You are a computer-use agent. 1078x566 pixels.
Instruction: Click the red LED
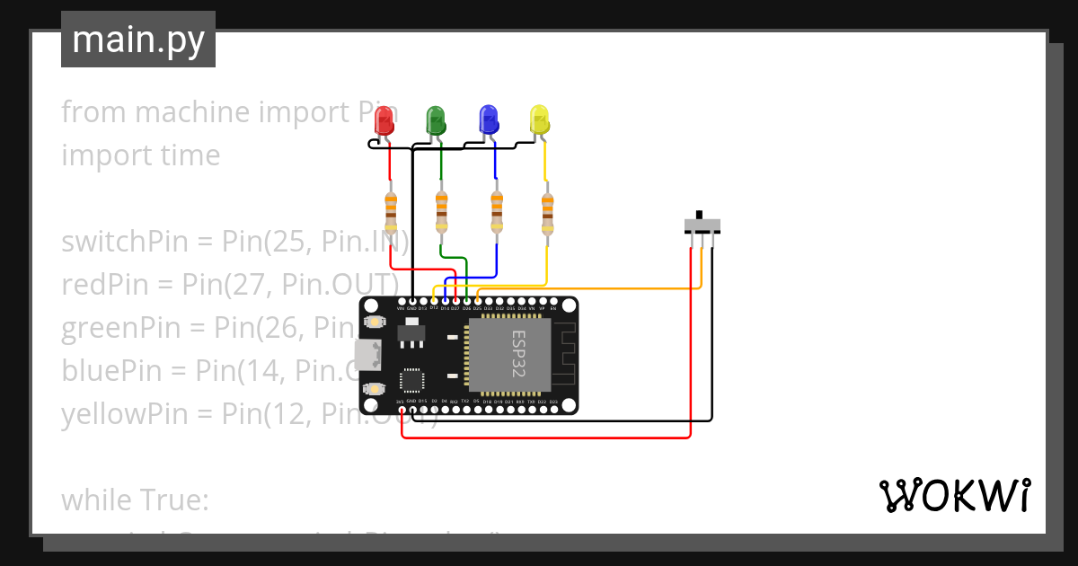tap(384, 120)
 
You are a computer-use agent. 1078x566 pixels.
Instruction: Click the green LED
tap(436, 119)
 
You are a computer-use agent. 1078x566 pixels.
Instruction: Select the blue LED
tap(488, 119)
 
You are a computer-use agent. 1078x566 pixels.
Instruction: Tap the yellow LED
tap(539, 119)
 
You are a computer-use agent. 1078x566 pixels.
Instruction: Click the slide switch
tap(701, 225)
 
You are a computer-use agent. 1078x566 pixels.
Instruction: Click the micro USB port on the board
tap(367, 356)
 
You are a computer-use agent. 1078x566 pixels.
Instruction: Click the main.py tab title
tap(137, 40)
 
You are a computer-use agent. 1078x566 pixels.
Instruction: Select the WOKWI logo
tap(954, 495)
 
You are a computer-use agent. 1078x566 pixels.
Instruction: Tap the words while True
tap(135, 500)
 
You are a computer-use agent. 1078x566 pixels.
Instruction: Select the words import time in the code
tap(140, 155)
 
